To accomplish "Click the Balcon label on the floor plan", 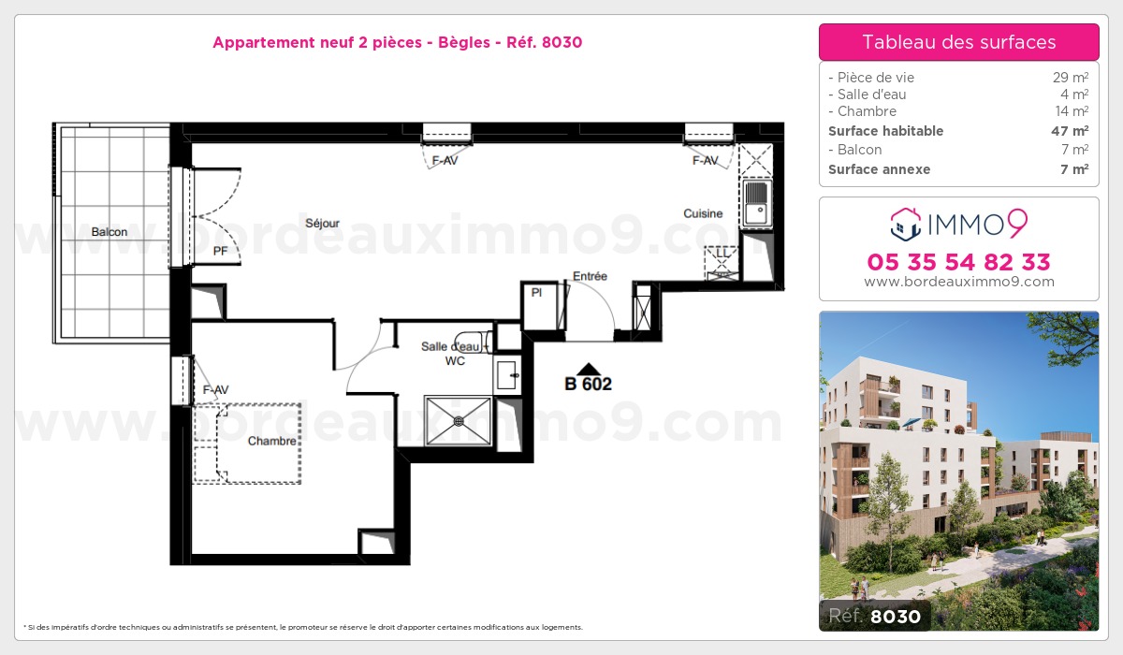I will click(x=109, y=232).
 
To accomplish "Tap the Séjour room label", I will click(x=322, y=224).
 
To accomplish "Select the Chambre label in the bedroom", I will click(x=271, y=441).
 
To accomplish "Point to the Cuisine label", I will click(x=703, y=213).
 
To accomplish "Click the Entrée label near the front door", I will click(x=590, y=276).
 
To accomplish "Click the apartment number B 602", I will click(x=588, y=384).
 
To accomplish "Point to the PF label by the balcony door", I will click(x=221, y=252).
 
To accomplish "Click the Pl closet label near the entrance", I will click(x=536, y=293).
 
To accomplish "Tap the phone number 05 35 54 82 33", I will click(x=958, y=262).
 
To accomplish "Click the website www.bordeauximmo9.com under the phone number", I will click(x=958, y=282).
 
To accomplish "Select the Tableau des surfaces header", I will click(x=958, y=42).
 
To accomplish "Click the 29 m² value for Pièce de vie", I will click(x=1071, y=78).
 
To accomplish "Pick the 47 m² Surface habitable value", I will click(x=1069, y=131).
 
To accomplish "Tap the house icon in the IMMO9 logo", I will click(x=904, y=224).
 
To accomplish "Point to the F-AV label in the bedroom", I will click(x=216, y=389).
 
